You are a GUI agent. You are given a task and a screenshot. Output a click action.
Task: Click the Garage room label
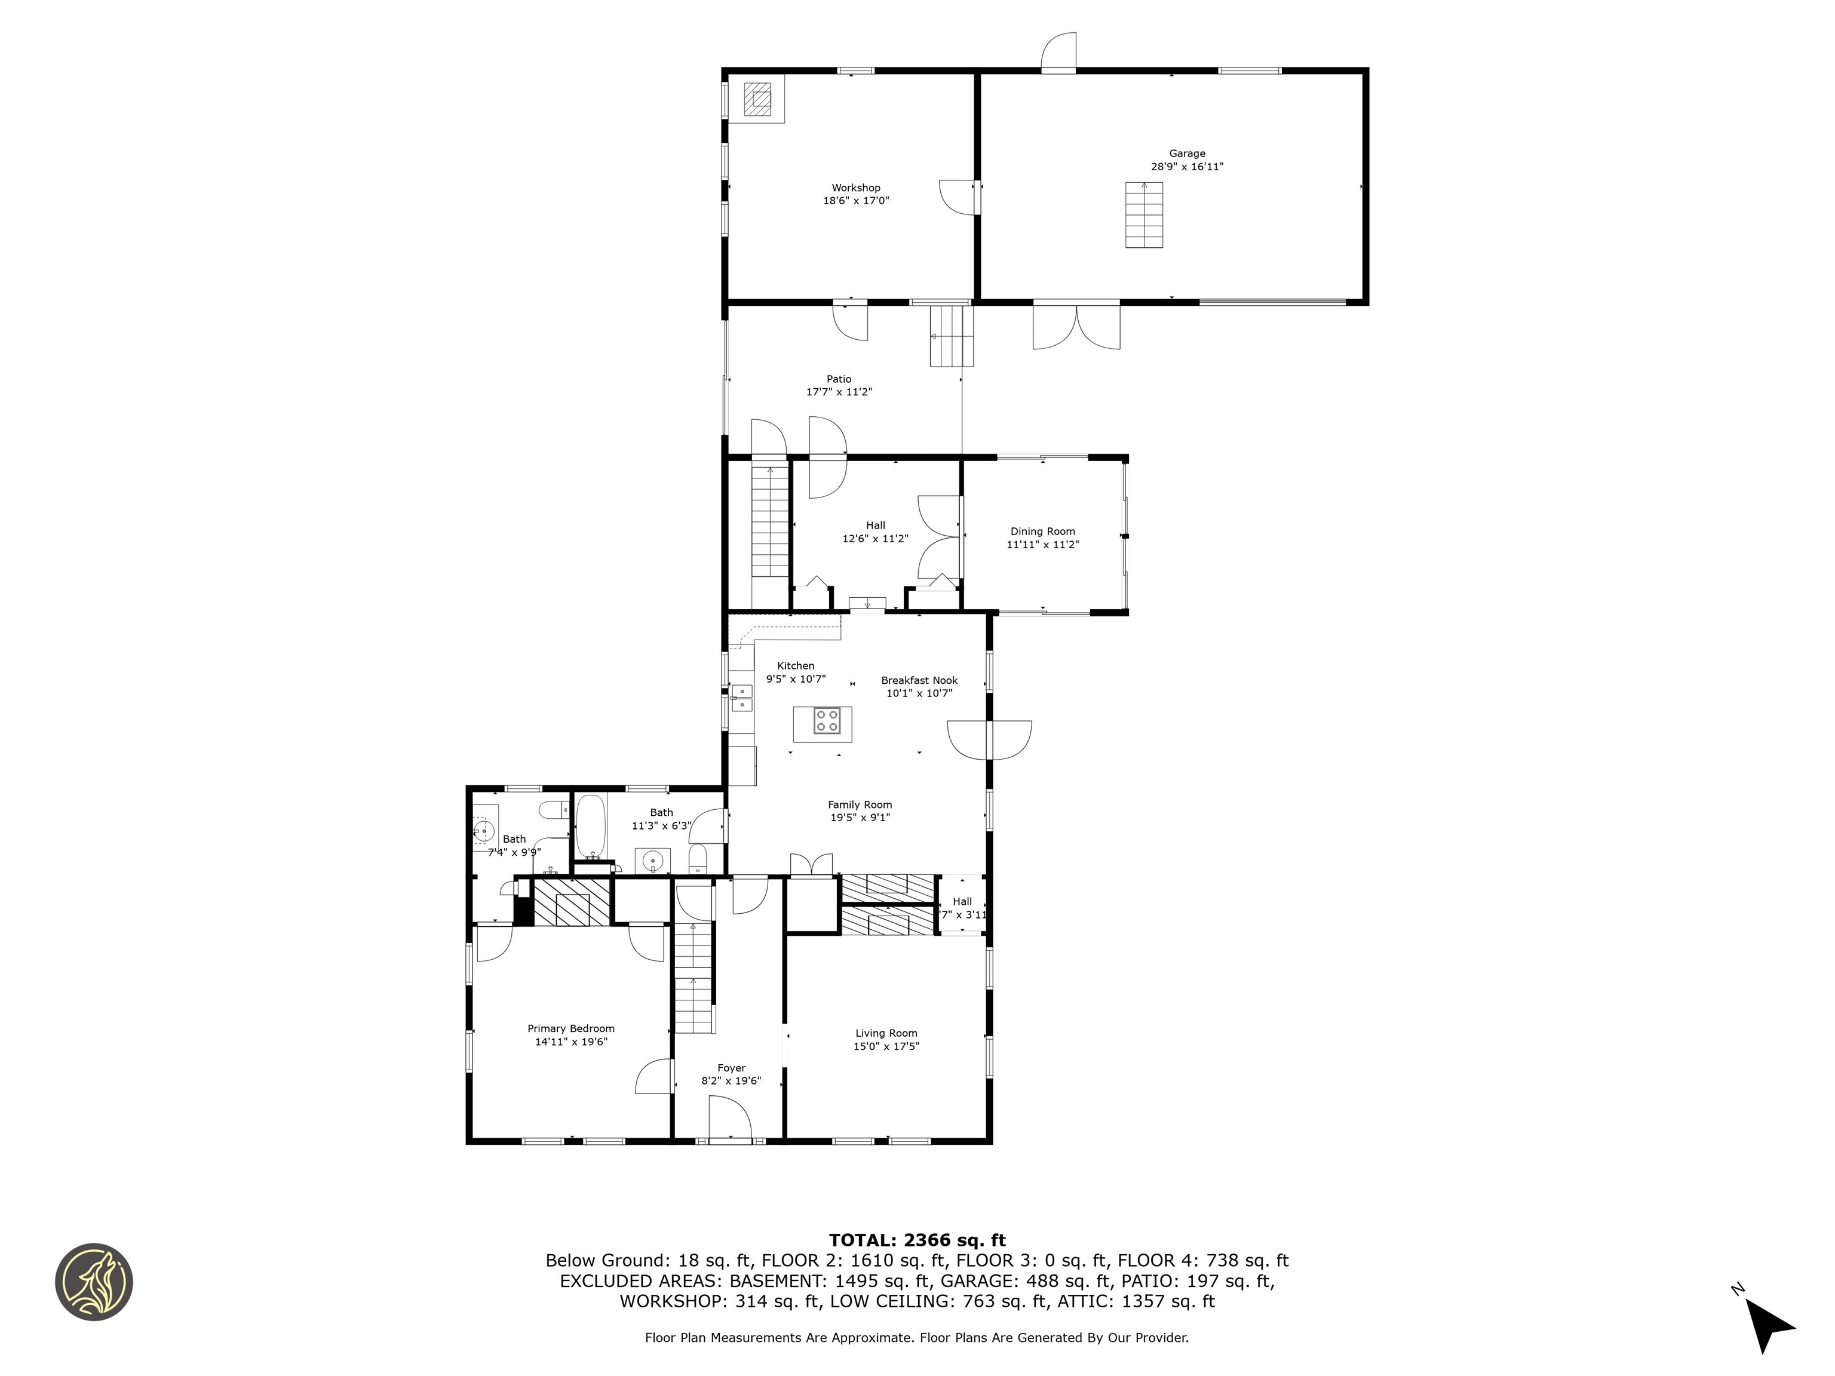[1186, 153]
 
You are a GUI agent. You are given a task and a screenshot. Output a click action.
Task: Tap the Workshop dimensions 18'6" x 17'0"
[855, 201]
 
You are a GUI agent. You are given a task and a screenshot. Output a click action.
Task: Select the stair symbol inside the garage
[1144, 214]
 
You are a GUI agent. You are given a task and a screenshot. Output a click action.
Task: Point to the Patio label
[839, 379]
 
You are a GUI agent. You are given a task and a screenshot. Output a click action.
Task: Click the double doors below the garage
[1076, 327]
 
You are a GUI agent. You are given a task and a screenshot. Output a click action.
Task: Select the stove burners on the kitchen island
[826, 720]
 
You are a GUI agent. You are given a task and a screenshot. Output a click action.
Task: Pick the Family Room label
[860, 804]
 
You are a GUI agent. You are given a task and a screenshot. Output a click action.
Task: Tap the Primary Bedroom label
[570, 1028]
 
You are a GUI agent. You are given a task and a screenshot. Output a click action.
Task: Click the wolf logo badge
[94, 1282]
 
